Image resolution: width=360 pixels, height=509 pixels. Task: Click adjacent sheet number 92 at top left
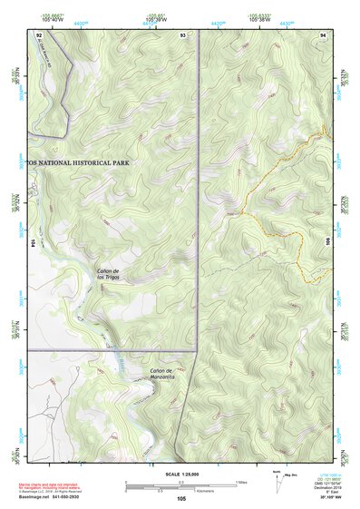click(x=39, y=34)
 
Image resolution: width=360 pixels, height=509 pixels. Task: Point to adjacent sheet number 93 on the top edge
click(x=183, y=34)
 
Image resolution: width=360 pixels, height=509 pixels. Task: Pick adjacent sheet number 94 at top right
click(x=324, y=34)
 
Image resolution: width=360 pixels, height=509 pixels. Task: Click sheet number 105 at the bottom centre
click(x=181, y=498)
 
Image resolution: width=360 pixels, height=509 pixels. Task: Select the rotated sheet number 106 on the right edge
click(x=328, y=243)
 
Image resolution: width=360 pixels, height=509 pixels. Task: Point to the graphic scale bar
click(x=181, y=483)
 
